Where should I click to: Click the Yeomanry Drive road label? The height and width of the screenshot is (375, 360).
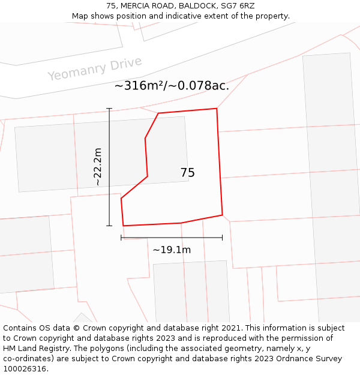tap(94, 68)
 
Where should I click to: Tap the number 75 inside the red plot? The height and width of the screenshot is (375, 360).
tap(187, 173)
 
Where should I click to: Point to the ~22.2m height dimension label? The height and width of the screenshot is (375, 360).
tap(98, 167)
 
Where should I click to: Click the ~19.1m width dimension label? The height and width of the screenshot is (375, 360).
tap(172, 250)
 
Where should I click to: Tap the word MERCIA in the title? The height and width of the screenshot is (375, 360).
tap(136, 6)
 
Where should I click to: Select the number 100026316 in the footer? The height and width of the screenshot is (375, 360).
tap(25, 369)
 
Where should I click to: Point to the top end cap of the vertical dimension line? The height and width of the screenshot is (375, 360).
tap(109, 109)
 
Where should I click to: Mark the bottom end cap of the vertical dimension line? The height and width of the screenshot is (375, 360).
tap(109, 226)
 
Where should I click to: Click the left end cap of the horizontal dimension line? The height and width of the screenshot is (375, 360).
tap(121, 238)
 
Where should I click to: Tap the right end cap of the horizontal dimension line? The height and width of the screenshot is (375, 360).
tap(223, 238)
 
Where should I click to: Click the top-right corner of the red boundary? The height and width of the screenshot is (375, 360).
tap(217, 109)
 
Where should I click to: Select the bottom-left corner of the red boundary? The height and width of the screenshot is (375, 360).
tap(123, 226)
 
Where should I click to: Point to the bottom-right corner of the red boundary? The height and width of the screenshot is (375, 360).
tap(223, 215)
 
